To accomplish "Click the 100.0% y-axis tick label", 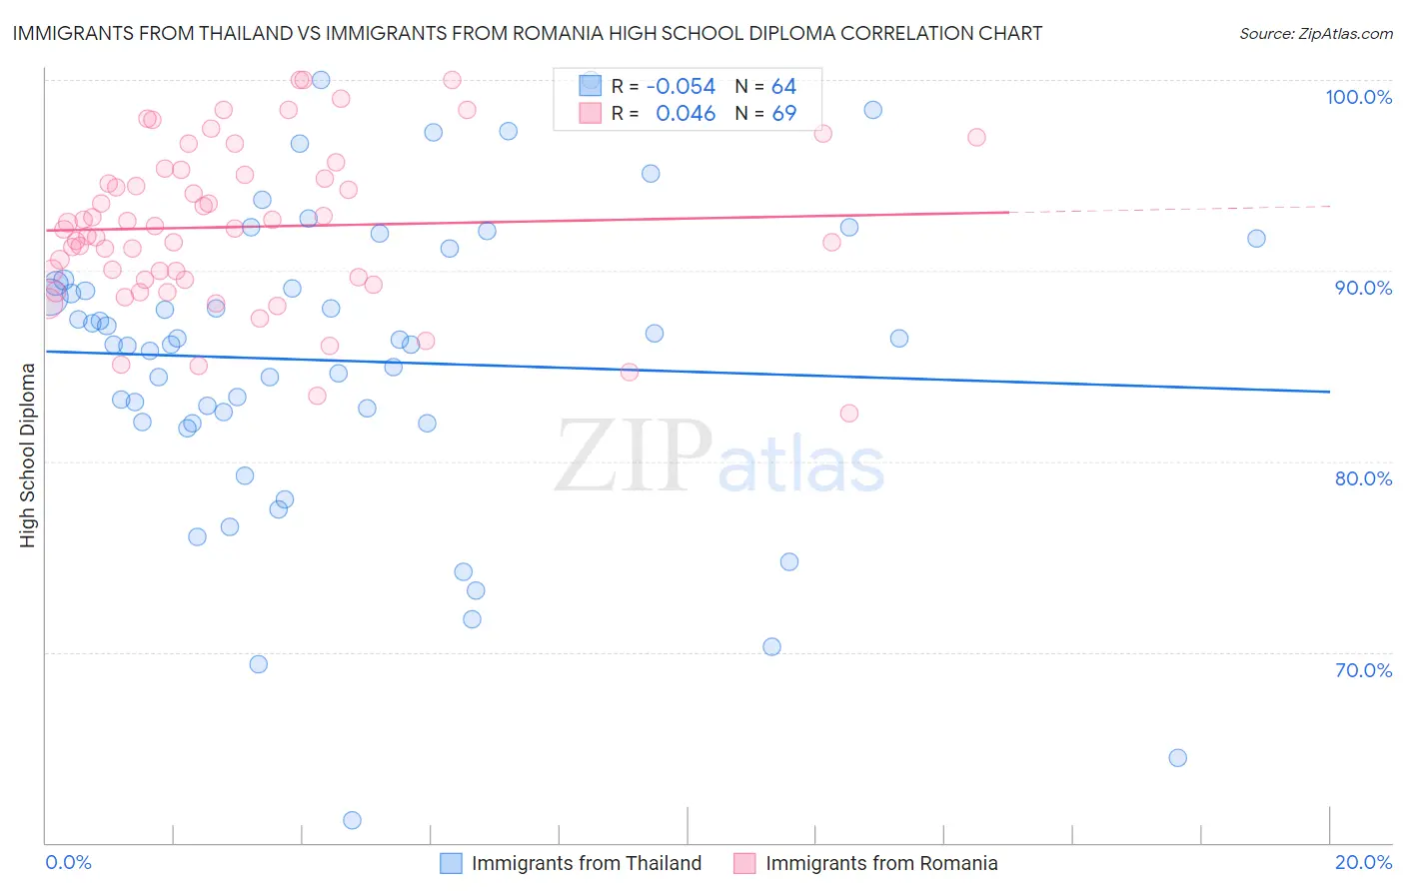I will pos(1358,97).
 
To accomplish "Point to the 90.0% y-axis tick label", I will pos(1363,288).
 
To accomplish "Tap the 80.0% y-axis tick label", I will pos(1363,478).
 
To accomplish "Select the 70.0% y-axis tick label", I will pos(1363,670).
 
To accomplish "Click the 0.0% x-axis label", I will pos(68,862).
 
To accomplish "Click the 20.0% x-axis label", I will pos(1363,862).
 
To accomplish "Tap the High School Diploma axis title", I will pos(28,454).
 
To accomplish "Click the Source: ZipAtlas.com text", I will pos(1315,34).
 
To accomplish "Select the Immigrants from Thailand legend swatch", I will pos(452,863).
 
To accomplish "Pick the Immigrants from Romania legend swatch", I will pos(744,863).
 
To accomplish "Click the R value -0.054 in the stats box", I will pos(681,87).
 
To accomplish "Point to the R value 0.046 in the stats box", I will pos(686,114).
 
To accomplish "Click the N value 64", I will pos(783,87).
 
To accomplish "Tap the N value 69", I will pos(783,114).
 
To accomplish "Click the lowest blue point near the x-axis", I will pos(352,820).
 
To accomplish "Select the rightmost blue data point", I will pos(1256,239).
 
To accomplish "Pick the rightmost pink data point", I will pos(976,137).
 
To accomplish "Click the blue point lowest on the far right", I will pos(1177,758).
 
